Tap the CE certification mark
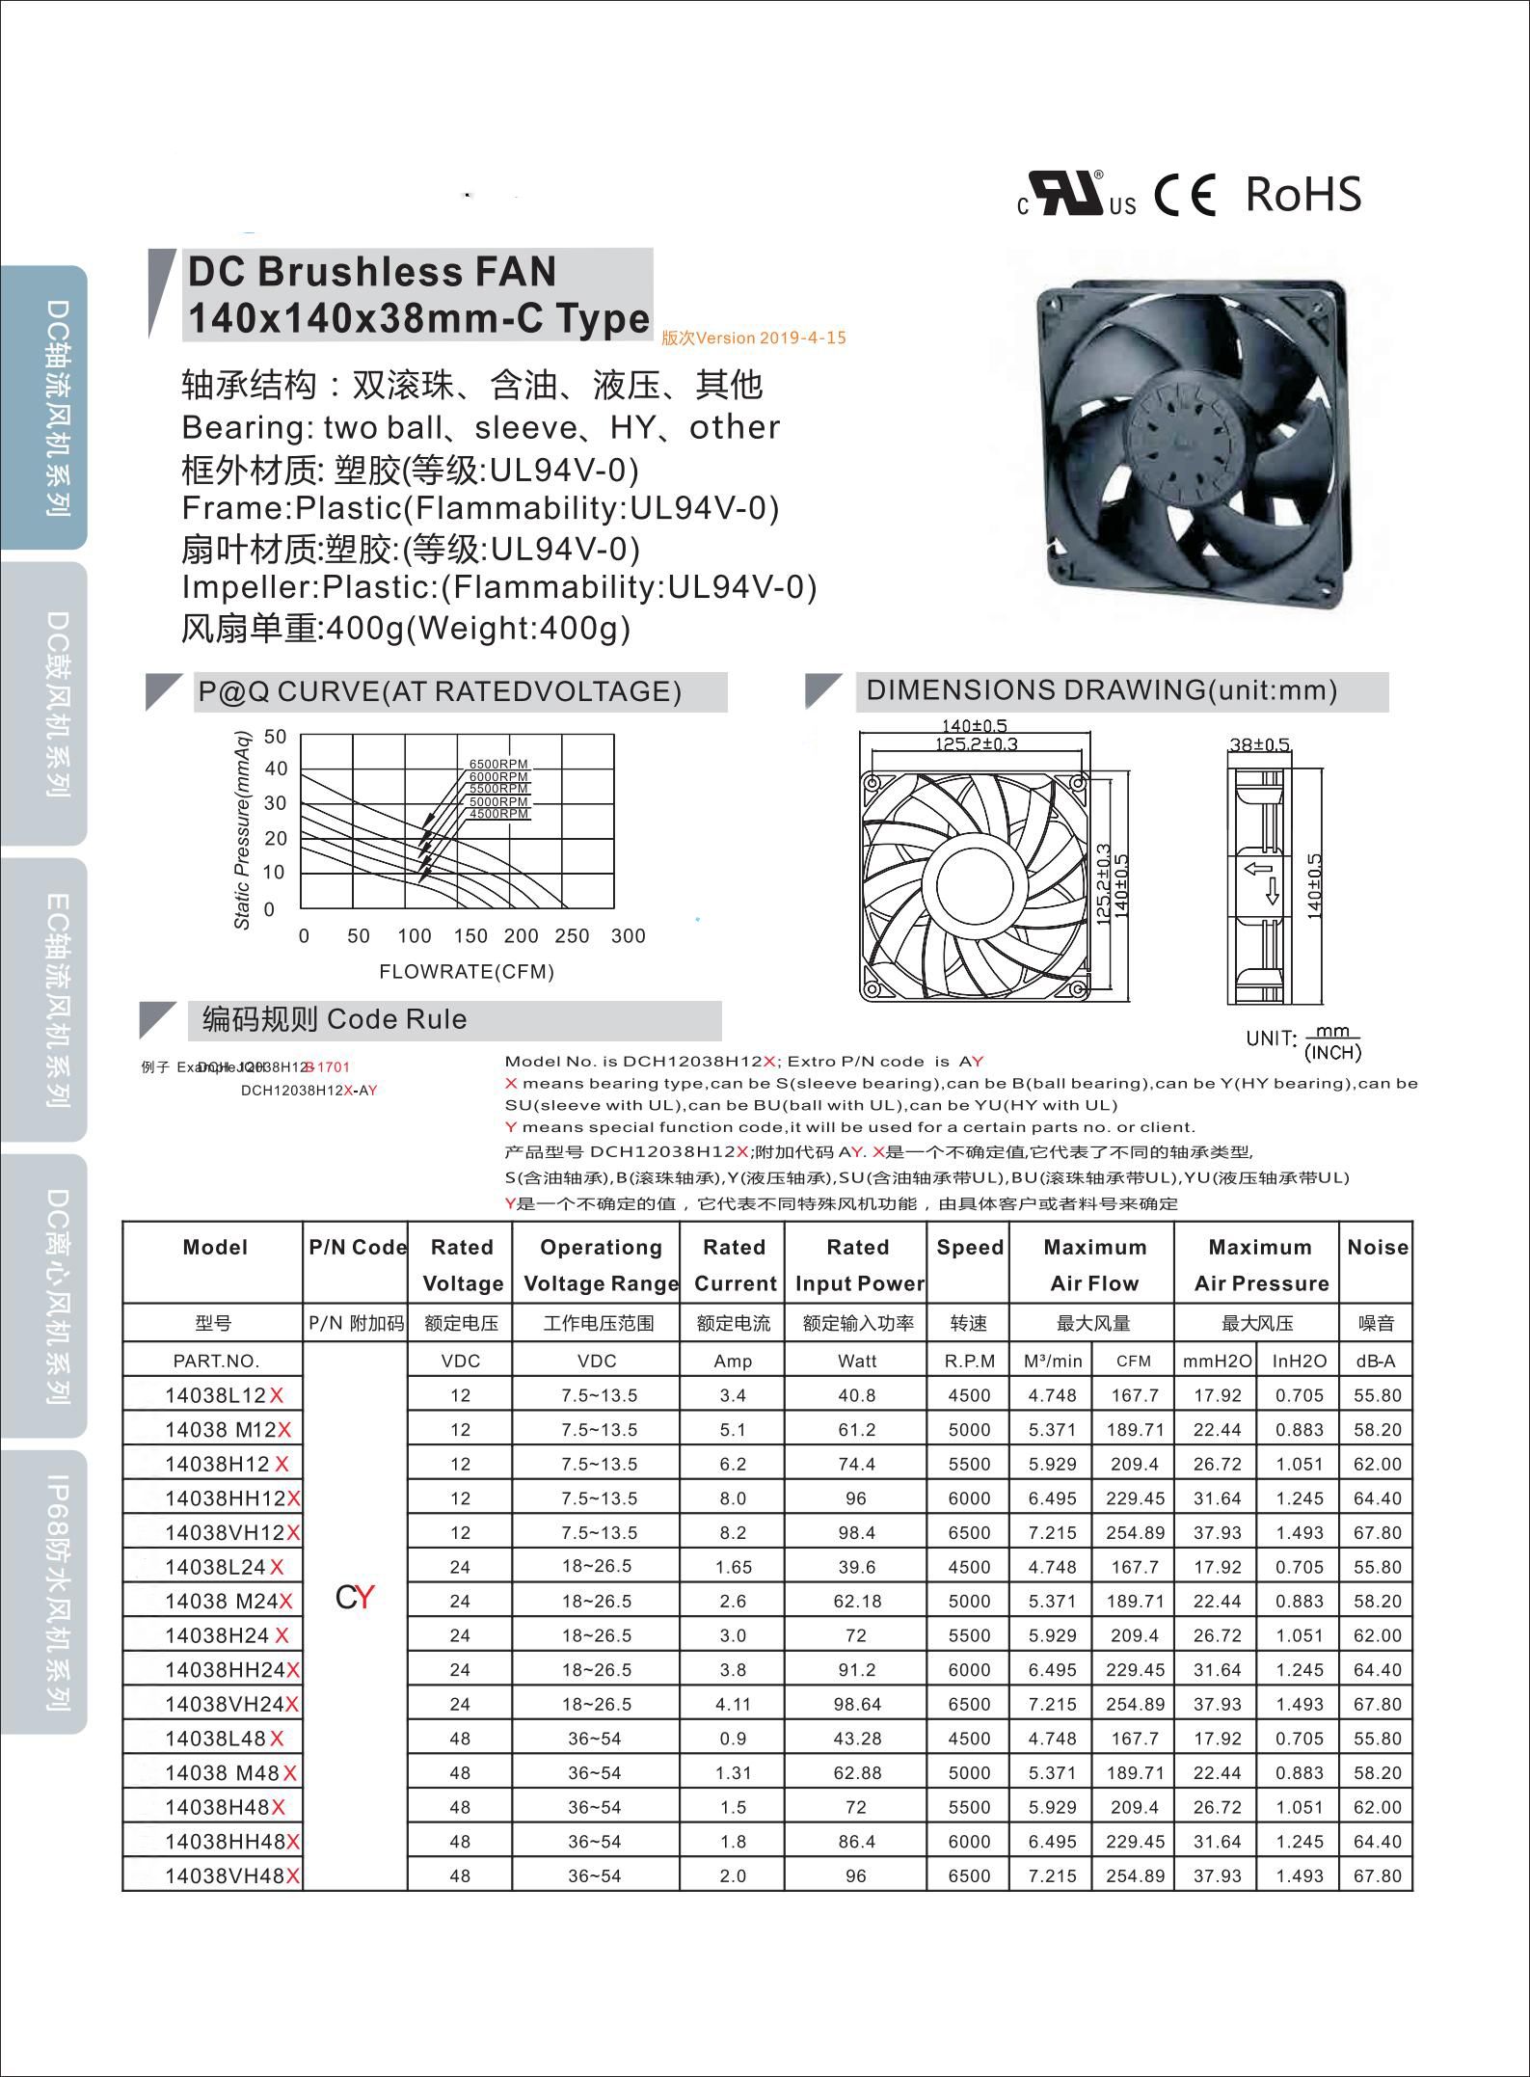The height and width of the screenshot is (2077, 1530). [x=1186, y=196]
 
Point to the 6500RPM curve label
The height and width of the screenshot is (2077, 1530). [x=498, y=765]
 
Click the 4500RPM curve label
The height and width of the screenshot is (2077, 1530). [x=498, y=814]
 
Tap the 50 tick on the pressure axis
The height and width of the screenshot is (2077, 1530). [x=276, y=738]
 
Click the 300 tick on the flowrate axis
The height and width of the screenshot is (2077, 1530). [x=628, y=935]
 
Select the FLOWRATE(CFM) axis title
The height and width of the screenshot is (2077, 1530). [x=467, y=971]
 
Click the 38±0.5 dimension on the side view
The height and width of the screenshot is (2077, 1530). [x=1259, y=744]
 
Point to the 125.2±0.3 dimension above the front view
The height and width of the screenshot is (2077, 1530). [x=976, y=743]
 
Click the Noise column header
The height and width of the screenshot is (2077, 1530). [x=1377, y=1247]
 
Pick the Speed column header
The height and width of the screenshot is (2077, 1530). [x=970, y=1247]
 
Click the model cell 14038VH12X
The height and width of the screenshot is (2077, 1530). [x=232, y=1532]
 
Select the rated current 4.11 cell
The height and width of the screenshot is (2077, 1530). [x=733, y=1704]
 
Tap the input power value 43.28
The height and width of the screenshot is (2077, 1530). [x=857, y=1739]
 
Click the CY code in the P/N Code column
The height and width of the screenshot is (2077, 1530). [x=354, y=1598]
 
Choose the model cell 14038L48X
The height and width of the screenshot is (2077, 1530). [x=225, y=1739]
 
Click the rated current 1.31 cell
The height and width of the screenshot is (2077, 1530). [x=733, y=1772]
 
